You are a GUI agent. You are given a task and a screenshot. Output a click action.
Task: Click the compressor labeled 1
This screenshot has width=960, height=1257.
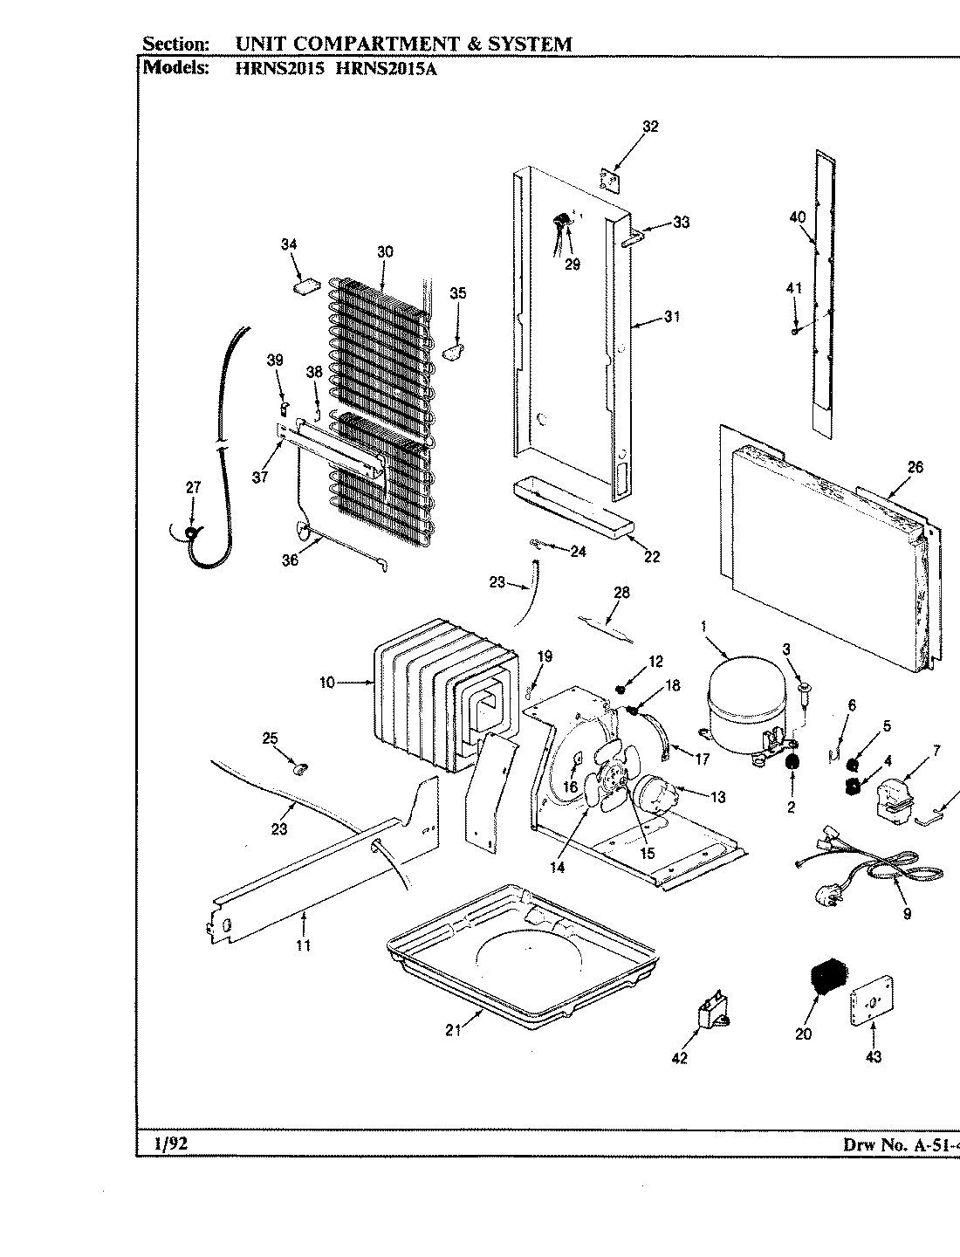click(742, 704)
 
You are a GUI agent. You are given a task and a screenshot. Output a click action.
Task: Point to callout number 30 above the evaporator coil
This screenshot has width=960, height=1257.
click(385, 252)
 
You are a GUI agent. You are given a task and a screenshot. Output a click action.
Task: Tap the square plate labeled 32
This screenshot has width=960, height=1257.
click(609, 178)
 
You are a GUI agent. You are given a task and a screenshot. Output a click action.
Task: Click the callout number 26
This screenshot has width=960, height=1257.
click(914, 467)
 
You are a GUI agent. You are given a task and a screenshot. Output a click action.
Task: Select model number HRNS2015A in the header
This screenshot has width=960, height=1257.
click(386, 69)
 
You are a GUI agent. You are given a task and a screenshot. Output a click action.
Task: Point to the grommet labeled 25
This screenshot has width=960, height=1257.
click(301, 769)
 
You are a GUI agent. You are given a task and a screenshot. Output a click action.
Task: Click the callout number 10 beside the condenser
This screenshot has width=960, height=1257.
click(326, 683)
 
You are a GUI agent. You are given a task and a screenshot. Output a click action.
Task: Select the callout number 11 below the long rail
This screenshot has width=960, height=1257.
click(303, 944)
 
